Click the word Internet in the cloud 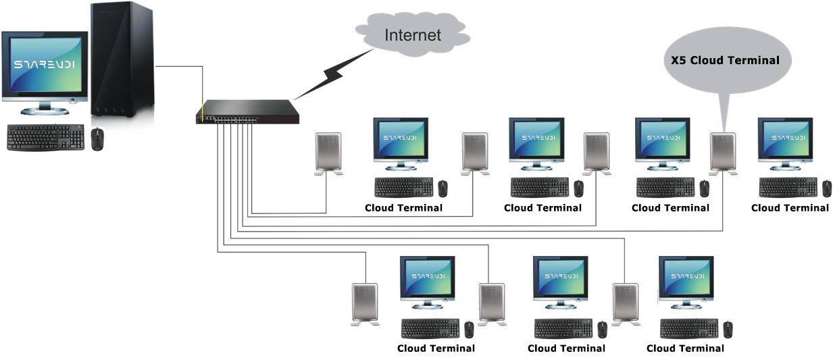click(x=412, y=34)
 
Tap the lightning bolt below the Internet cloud click(x=332, y=74)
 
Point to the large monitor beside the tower click(x=45, y=67)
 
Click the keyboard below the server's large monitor click(x=46, y=137)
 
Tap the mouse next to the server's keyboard click(x=98, y=138)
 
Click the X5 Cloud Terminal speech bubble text click(x=724, y=60)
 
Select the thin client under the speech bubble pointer click(x=722, y=152)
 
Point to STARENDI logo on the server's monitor click(x=45, y=66)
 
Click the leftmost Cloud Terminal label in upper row click(x=403, y=207)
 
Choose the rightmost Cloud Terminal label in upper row click(x=790, y=207)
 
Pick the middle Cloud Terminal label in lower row click(x=566, y=349)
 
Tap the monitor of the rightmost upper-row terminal click(x=784, y=139)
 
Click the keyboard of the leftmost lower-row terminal click(x=430, y=328)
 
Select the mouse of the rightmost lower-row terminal click(x=728, y=329)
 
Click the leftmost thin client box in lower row click(x=365, y=304)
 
